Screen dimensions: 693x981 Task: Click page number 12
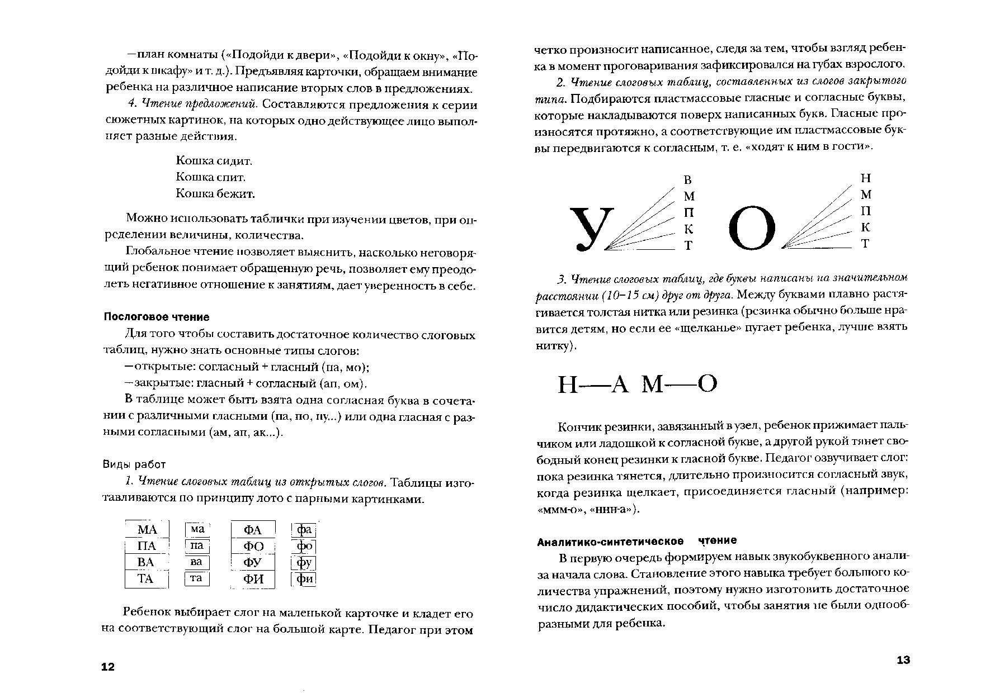coord(107,667)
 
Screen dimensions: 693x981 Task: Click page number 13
coord(903,660)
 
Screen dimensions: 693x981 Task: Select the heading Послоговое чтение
coord(157,317)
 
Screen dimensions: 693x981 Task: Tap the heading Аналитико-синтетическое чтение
coord(636,540)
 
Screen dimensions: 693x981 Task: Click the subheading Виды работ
coord(134,464)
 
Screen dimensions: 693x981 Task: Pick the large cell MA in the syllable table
coord(147,529)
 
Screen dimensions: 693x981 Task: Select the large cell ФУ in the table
coord(253,562)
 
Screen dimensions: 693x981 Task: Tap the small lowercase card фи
coord(304,579)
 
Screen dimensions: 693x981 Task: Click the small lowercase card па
coord(197,545)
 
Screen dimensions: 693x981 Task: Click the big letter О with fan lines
coord(752,229)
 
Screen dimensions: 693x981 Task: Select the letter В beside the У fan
coord(688,180)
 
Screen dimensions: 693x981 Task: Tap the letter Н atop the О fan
coord(866,178)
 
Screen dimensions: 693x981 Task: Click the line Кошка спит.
coord(210,177)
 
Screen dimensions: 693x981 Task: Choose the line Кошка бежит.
coord(215,193)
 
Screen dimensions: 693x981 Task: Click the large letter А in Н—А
coord(620,385)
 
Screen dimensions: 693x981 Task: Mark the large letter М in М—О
coord(653,385)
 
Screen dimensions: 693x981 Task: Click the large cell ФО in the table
coord(253,546)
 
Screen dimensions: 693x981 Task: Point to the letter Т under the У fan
coord(688,245)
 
